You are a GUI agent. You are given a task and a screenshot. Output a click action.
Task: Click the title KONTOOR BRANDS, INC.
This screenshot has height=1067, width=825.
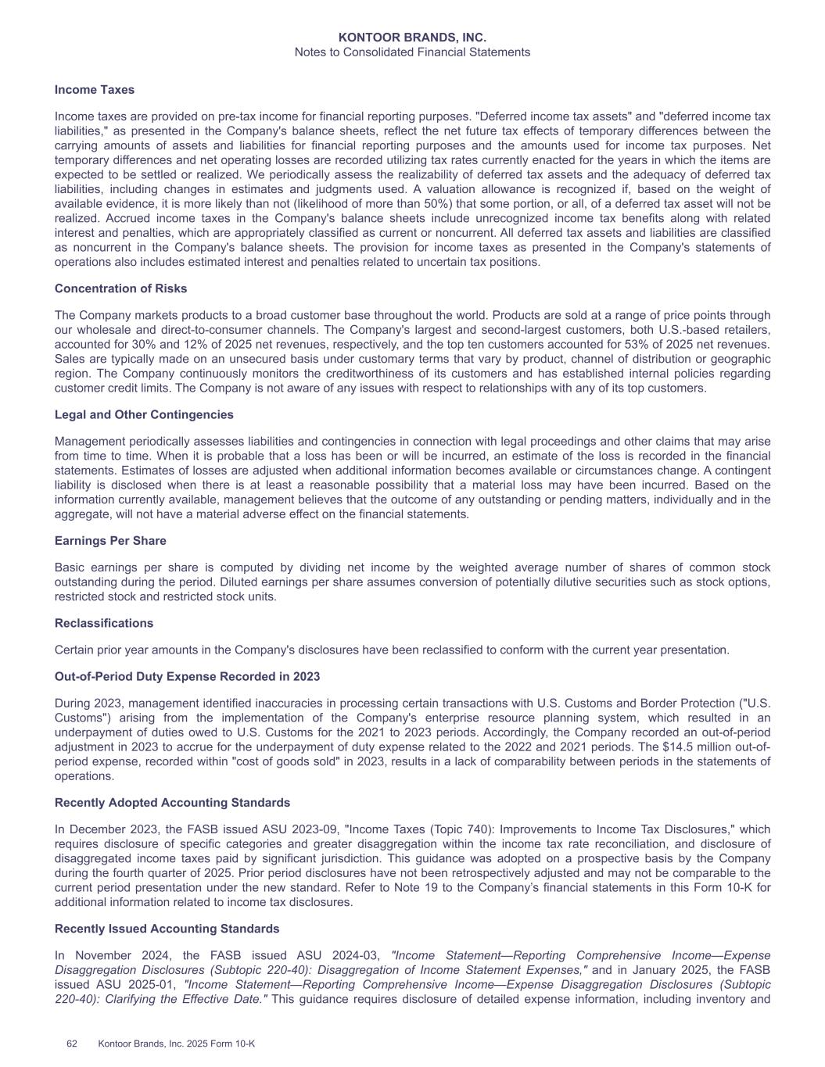[412, 38]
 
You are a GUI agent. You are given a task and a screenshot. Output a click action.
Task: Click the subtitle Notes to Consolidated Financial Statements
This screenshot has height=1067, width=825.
[412, 52]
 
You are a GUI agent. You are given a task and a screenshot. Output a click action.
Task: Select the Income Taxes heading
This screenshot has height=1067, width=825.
[95, 90]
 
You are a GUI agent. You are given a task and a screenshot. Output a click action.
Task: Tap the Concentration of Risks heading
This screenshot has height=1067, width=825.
[120, 288]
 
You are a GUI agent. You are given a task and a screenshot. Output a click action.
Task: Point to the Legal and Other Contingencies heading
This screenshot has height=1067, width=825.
[144, 414]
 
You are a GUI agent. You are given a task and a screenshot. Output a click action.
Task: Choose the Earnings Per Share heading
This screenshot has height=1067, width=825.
[110, 541]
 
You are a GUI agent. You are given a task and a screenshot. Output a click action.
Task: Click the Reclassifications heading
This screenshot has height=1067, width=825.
[104, 623]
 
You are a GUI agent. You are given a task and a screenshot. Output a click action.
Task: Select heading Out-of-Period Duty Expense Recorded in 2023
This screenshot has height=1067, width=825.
[187, 676]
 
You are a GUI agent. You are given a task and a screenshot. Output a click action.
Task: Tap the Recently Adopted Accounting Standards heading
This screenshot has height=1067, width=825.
[172, 803]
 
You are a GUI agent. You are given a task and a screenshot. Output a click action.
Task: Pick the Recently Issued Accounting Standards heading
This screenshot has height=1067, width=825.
[167, 929]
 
